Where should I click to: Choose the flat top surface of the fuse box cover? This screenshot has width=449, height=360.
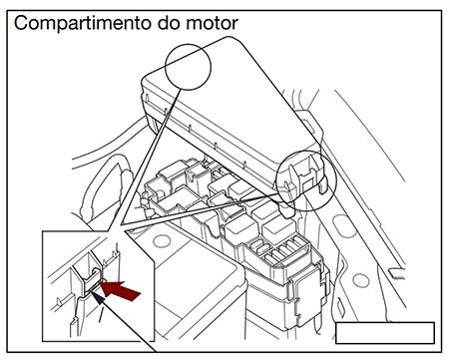coord(229,100)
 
